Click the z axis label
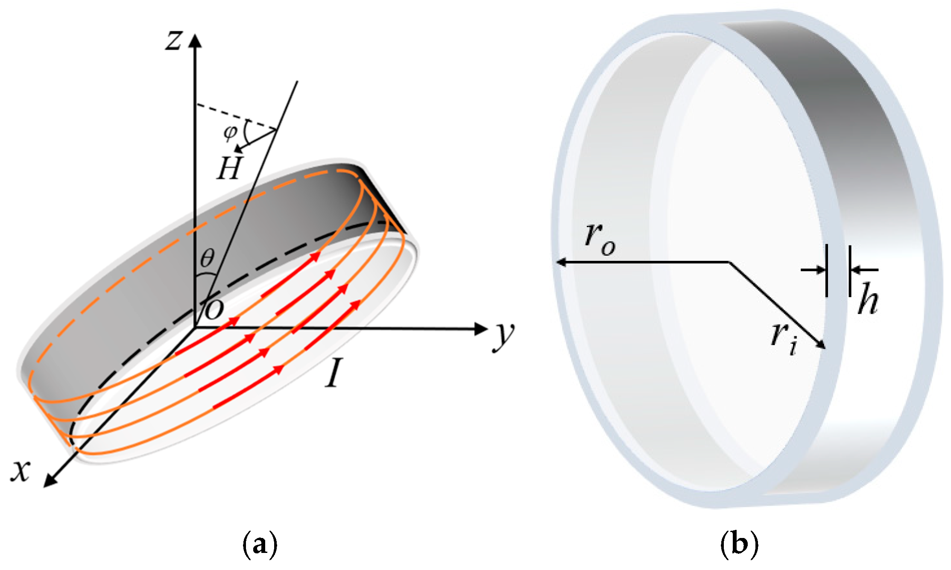click(x=174, y=41)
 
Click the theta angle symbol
click(x=208, y=258)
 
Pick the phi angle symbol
click(x=230, y=133)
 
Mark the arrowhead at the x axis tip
click(x=50, y=481)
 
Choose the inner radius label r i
click(x=784, y=339)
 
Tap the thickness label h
click(x=868, y=298)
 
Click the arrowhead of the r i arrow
click(x=821, y=345)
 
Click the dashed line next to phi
click(x=235, y=115)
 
